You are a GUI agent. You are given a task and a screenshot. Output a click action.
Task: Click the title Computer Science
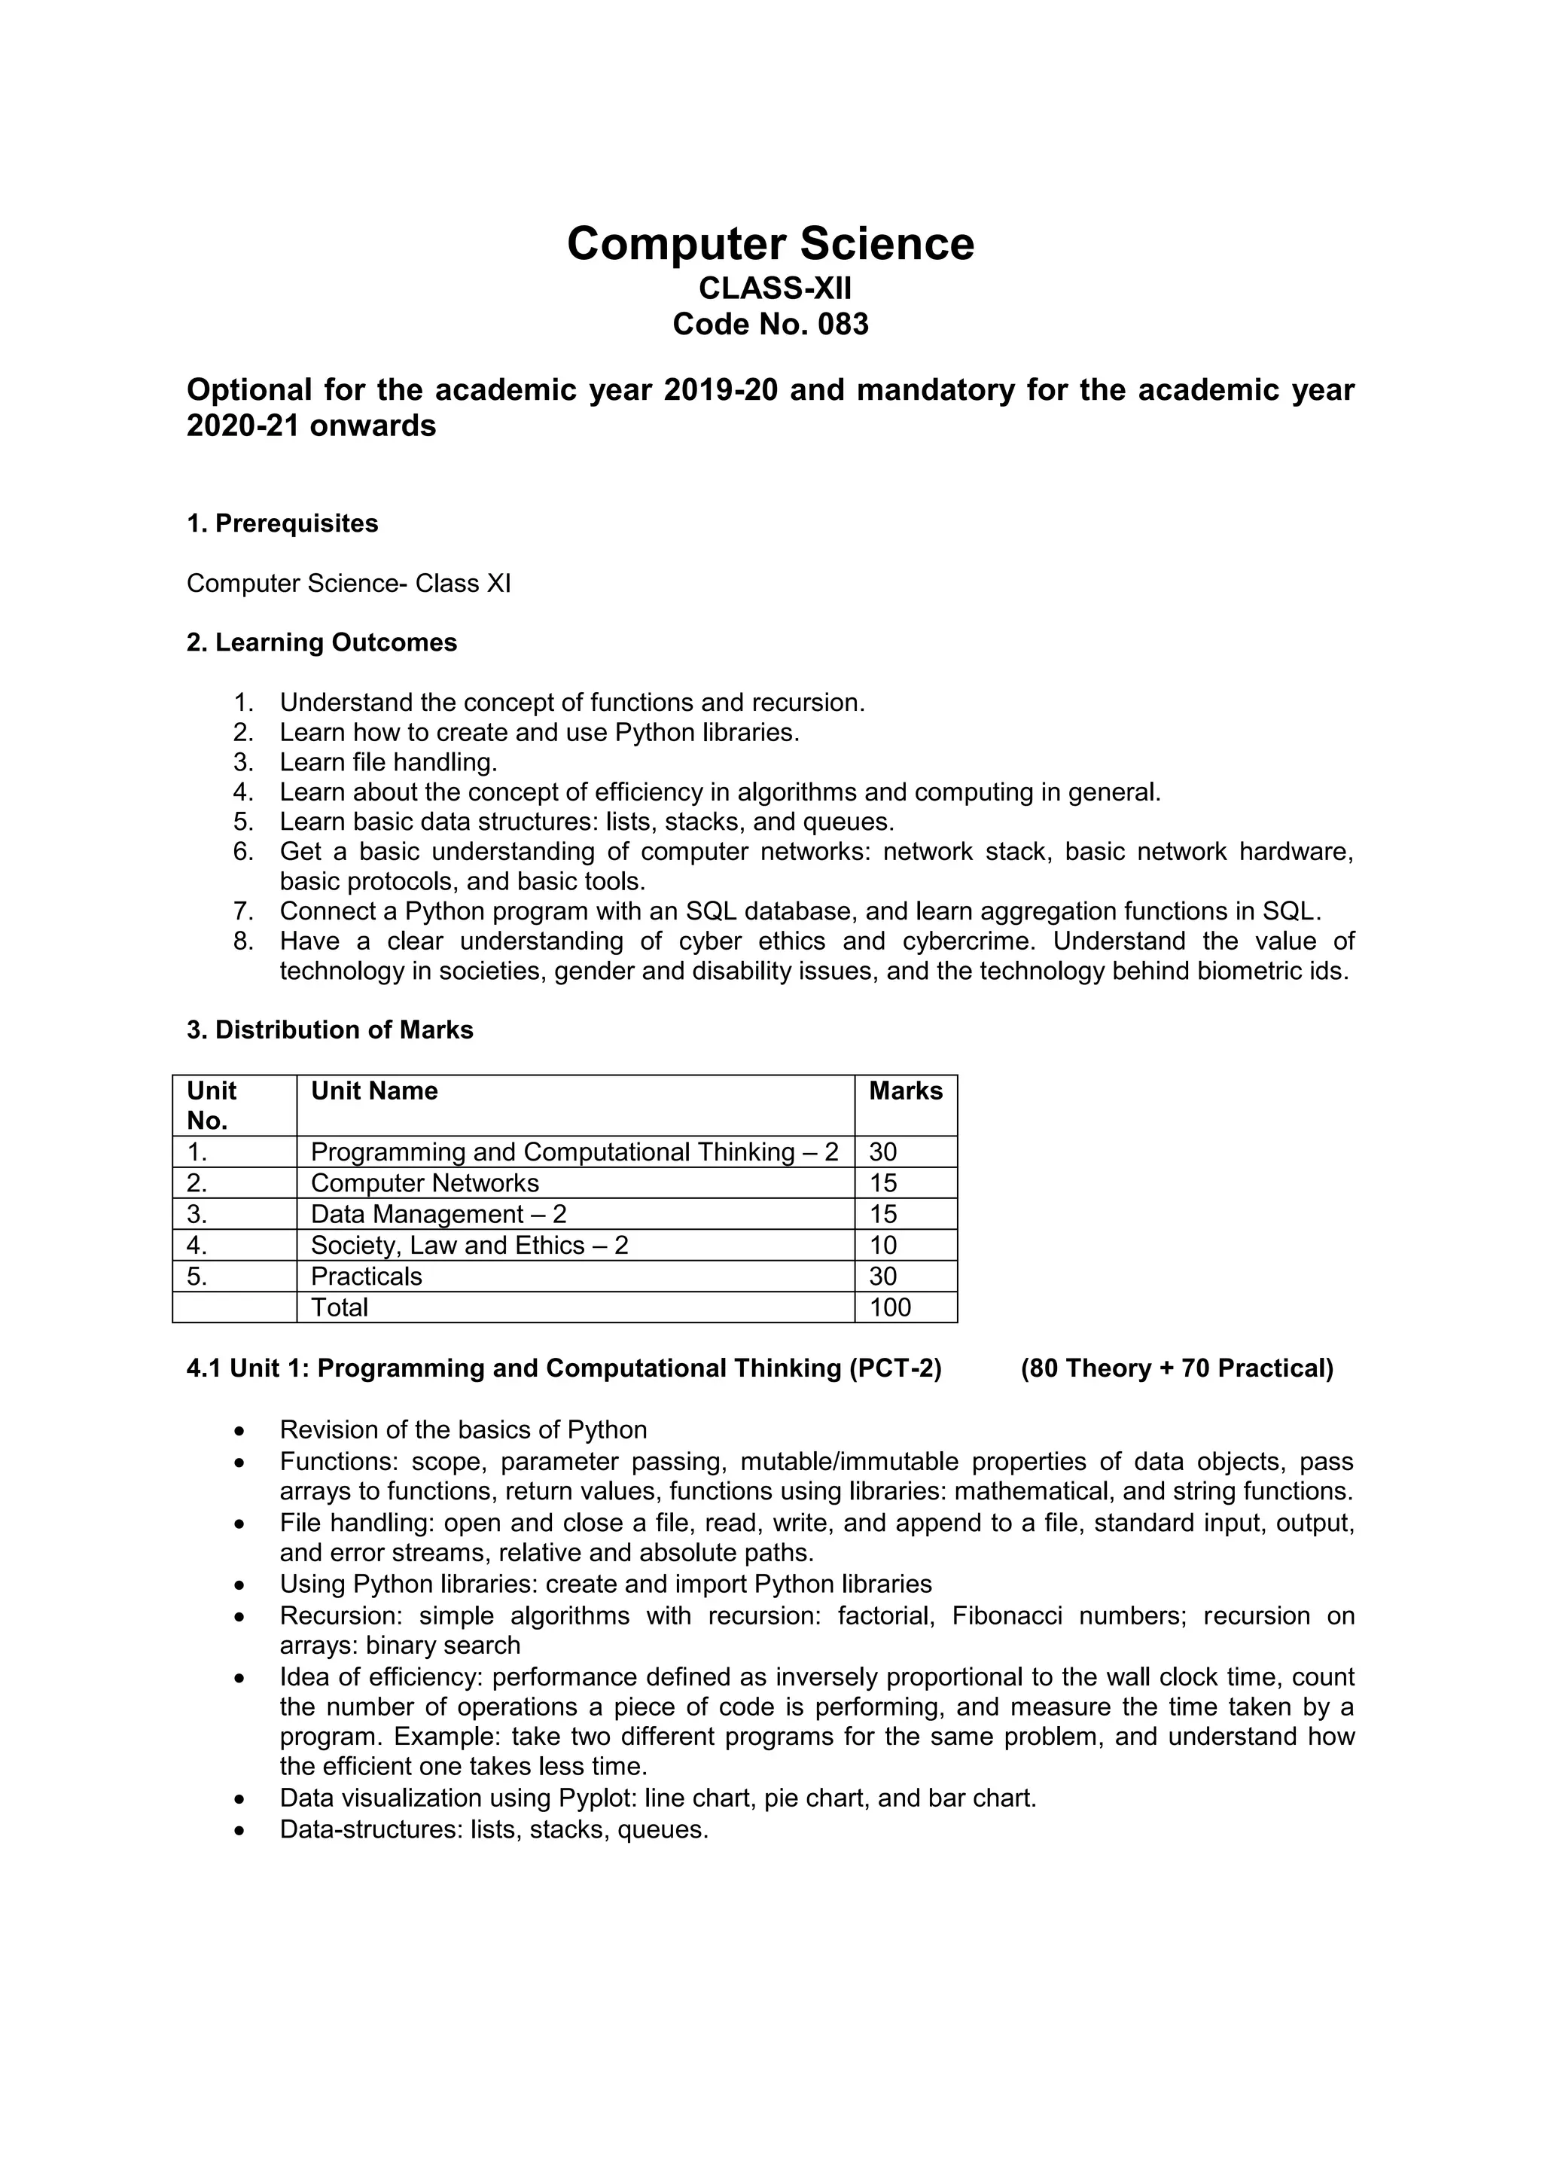pyautogui.click(x=770, y=244)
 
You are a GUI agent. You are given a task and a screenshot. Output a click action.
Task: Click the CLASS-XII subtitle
pyautogui.click(x=775, y=287)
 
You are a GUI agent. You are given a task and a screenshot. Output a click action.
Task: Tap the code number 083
pyautogui.click(x=841, y=325)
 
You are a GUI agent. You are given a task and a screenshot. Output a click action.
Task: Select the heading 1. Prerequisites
pyautogui.click(x=282, y=523)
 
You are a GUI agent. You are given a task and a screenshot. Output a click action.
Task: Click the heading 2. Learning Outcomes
pyautogui.click(x=322, y=643)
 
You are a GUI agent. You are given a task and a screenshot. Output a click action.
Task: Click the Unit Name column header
pyautogui.click(x=374, y=1090)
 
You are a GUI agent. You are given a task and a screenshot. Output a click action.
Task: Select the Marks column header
pyautogui.click(x=905, y=1090)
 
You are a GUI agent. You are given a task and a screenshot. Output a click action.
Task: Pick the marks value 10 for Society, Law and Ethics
pyautogui.click(x=882, y=1246)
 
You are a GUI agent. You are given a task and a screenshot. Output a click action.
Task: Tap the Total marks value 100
pyautogui.click(x=890, y=1307)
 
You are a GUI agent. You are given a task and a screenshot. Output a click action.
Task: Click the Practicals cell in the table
pyautogui.click(x=367, y=1276)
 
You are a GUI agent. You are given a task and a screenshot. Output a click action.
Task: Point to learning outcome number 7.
pyautogui.click(x=243, y=912)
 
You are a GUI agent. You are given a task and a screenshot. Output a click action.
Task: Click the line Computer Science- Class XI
pyautogui.click(x=349, y=583)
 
